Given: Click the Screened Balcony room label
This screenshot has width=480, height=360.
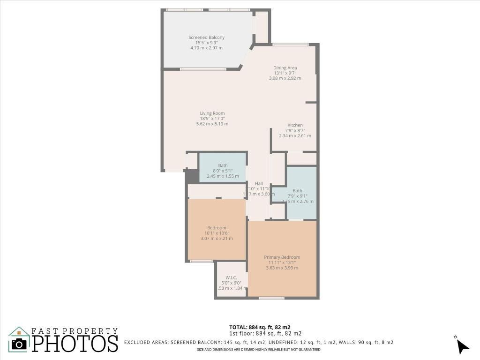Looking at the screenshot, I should [x=206, y=37].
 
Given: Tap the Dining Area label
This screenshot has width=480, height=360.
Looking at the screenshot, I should [x=285, y=67].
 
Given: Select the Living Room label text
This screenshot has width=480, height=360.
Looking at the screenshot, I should [x=212, y=113].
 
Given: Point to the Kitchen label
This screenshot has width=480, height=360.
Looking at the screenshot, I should [x=295, y=125].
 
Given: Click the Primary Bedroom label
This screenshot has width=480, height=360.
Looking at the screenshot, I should [x=282, y=257].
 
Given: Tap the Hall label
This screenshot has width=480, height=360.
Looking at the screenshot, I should [x=259, y=183].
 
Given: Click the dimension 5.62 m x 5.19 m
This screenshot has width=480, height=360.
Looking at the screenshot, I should [x=212, y=124].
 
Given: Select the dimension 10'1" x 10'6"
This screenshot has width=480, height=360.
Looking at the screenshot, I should [x=216, y=233].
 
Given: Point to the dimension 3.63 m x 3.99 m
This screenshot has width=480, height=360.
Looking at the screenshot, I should [x=282, y=268].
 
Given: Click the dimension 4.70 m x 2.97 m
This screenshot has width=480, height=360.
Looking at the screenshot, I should [x=206, y=48].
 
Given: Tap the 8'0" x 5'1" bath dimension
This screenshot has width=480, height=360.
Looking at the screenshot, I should [x=223, y=171].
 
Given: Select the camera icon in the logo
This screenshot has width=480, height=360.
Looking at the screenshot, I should [x=19, y=344].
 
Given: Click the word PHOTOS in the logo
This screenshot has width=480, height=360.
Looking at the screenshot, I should [x=75, y=343].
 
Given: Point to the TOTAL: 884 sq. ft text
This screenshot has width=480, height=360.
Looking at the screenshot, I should [x=262, y=327].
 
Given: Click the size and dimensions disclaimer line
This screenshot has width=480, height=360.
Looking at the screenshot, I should [x=258, y=350].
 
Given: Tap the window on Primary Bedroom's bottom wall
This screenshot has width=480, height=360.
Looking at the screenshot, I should [x=271, y=298].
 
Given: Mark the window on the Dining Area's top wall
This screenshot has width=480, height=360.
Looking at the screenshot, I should [x=291, y=45].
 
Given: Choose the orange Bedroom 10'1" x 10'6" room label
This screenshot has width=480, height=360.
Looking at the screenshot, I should [x=216, y=228].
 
